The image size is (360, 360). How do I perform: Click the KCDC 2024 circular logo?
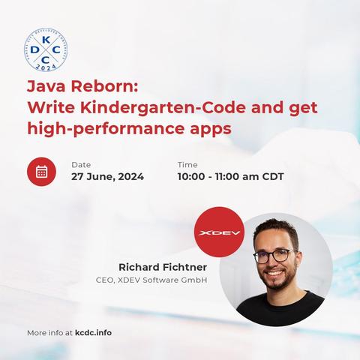point(46,50)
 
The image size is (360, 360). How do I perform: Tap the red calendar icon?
point(41,172)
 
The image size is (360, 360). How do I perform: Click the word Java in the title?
point(46,86)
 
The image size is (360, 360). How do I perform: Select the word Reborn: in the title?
point(104,86)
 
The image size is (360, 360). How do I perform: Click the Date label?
point(81,165)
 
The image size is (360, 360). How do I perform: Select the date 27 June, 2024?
point(107,177)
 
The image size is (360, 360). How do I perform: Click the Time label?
point(187,165)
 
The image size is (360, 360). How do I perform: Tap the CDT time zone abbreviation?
point(273,176)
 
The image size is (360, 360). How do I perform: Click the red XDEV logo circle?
point(219,232)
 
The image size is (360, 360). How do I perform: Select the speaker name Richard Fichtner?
point(163,267)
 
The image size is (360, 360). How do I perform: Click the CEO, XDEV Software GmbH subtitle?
point(151,280)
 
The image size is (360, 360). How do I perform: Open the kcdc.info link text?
point(93,333)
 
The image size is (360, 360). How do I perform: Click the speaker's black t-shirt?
point(280,309)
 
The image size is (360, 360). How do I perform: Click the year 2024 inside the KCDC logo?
point(46,67)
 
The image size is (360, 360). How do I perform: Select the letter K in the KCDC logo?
point(46,40)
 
